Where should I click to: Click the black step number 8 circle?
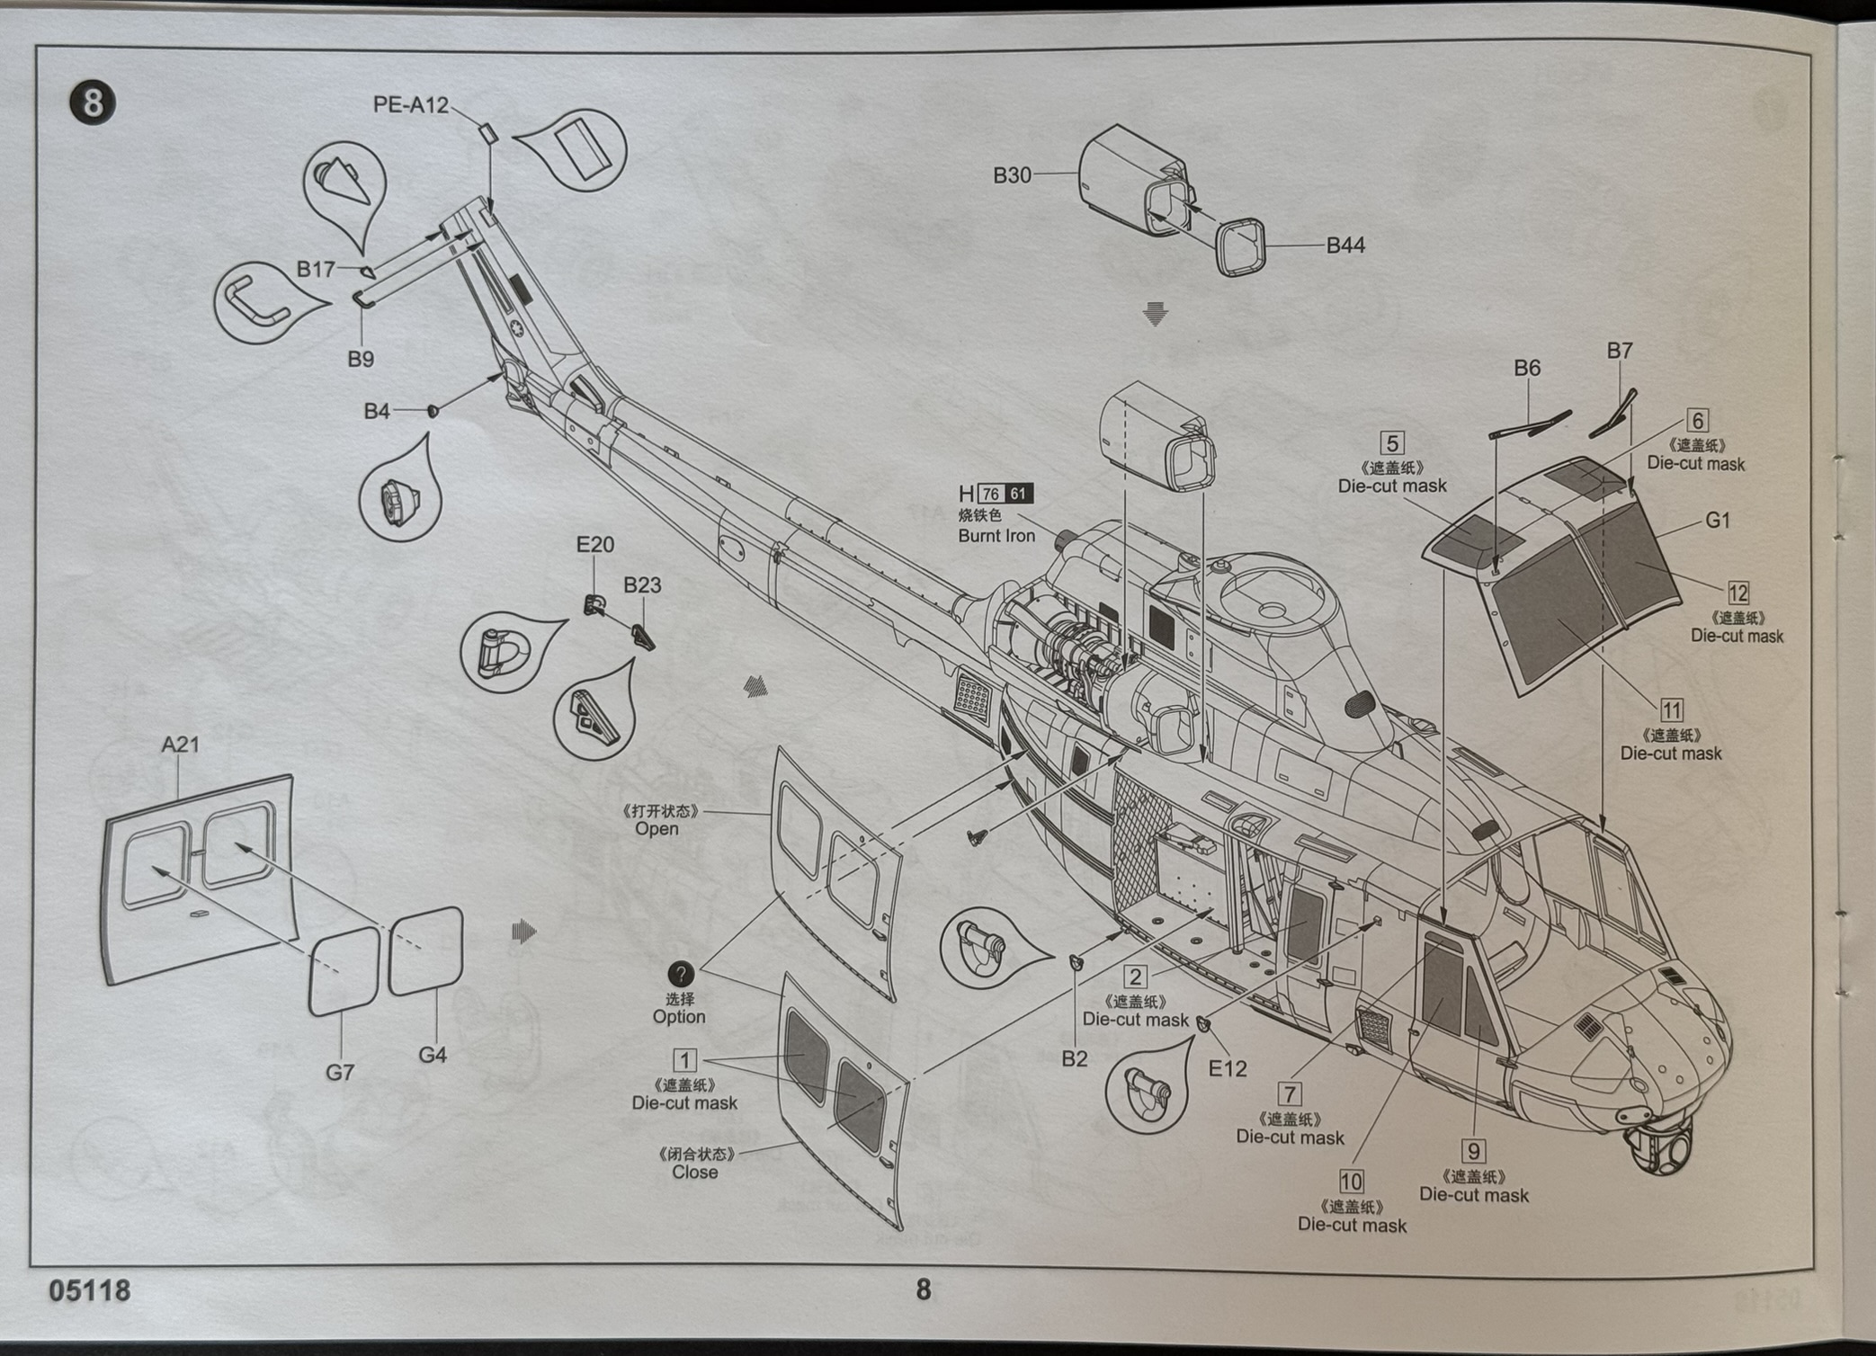coord(93,103)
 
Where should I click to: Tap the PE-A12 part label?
coord(410,105)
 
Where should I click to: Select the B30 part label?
coord(1012,175)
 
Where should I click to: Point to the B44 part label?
coord(1345,245)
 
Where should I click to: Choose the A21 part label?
coord(180,745)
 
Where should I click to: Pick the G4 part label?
coord(433,1055)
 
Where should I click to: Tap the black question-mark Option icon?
coord(681,974)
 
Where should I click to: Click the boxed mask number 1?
coord(684,1060)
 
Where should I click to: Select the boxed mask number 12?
coord(1738,593)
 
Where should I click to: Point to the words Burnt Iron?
coord(996,536)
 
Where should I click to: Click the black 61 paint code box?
coord(1018,494)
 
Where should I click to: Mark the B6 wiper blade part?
coord(1529,424)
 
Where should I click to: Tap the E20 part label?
coord(594,545)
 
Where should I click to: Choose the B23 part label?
coord(642,585)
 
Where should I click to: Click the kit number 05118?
coord(90,1291)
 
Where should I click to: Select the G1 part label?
coord(1718,521)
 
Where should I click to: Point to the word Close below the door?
coord(694,1173)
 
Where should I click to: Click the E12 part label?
coord(1228,1068)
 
